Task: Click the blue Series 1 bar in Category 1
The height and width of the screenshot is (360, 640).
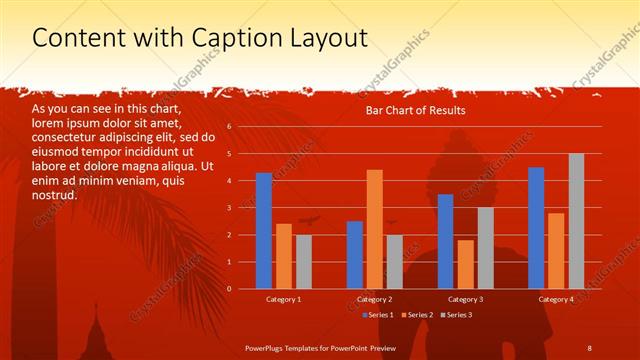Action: point(263,231)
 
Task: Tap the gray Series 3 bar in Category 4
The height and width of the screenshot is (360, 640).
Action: point(576,221)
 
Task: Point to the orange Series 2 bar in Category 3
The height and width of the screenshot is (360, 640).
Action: point(465,264)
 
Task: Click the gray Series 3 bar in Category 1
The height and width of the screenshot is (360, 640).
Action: point(303,262)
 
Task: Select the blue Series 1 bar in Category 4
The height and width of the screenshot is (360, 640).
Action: point(536,228)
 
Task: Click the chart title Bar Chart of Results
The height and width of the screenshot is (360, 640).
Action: point(417,110)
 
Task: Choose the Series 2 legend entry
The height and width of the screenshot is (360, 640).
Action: point(416,315)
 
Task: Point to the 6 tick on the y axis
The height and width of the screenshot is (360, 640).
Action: point(230,127)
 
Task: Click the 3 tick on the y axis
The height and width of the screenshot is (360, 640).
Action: point(230,208)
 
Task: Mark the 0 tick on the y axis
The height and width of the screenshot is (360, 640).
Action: point(230,289)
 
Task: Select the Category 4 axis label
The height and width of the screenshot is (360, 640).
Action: point(556,299)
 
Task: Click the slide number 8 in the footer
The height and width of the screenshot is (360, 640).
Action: point(589,347)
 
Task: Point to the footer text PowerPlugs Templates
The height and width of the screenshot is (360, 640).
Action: point(289,347)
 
